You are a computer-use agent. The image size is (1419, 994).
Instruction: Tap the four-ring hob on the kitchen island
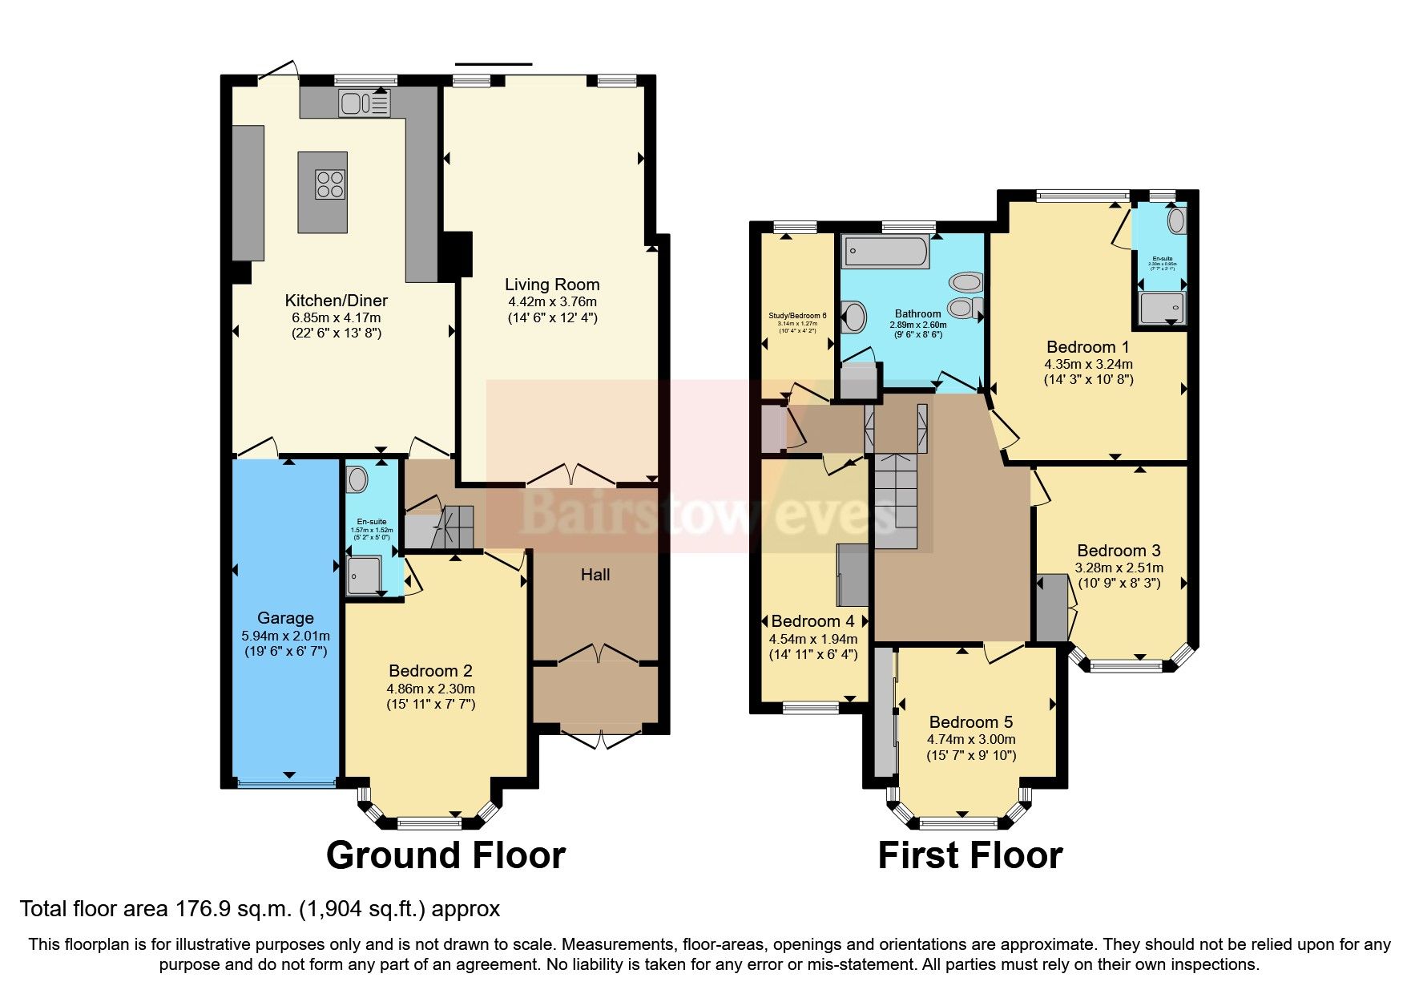pyautogui.click(x=330, y=184)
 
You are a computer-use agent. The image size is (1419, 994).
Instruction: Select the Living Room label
pyautogui.click(x=552, y=285)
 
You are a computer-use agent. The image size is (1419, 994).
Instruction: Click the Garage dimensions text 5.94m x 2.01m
pyautogui.click(x=285, y=636)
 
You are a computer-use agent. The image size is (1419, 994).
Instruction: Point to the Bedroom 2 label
pyautogui.click(x=430, y=671)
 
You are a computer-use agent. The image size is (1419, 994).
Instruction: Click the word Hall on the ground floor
pyautogui.click(x=595, y=575)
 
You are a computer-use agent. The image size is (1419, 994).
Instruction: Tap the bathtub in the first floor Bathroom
pyautogui.click(x=885, y=252)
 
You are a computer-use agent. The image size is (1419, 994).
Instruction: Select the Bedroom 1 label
pyautogui.click(x=1087, y=347)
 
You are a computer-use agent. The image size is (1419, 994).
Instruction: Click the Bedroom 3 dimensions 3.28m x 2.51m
pyautogui.click(x=1119, y=568)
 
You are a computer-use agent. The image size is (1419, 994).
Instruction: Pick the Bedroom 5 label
pyautogui.click(x=970, y=722)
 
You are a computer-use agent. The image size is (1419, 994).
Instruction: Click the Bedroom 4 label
pyautogui.click(x=812, y=621)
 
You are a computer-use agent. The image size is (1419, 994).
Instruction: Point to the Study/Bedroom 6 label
pyautogui.click(x=797, y=316)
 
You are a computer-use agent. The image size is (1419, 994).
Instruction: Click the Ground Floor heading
pyautogui.click(x=445, y=855)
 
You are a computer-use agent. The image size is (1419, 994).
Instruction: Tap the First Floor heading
pyautogui.click(x=970, y=855)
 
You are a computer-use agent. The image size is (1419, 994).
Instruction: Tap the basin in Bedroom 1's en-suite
pyautogui.click(x=1175, y=220)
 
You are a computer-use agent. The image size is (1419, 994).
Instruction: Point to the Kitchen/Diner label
pyautogui.click(x=336, y=301)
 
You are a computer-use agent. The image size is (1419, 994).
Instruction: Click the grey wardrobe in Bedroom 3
pyautogui.click(x=1051, y=608)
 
